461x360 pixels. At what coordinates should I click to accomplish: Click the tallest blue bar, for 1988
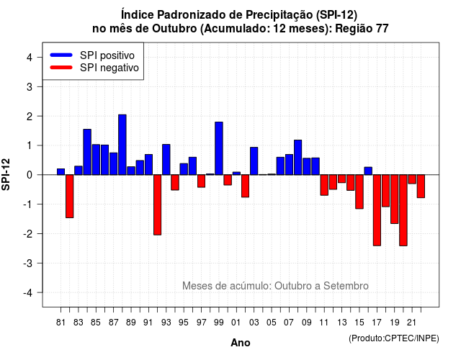click(122, 145)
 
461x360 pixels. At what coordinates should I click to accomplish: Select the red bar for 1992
click(157, 204)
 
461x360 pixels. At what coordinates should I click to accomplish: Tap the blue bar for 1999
click(219, 148)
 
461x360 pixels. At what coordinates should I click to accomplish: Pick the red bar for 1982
click(70, 197)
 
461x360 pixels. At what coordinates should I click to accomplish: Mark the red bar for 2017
click(377, 210)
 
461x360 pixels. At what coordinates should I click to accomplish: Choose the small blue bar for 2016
click(368, 171)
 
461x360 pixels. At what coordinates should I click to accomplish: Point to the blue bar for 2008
click(297, 158)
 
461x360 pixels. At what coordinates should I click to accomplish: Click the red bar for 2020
click(403, 210)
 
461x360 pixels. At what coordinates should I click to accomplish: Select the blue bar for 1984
click(87, 152)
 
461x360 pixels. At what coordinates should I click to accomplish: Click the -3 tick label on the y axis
click(27, 263)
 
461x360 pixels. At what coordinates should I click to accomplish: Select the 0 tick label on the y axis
click(30, 175)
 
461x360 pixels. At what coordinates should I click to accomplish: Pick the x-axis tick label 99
click(219, 323)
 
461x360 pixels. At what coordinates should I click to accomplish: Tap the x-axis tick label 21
click(411, 323)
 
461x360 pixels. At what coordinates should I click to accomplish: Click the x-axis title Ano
click(241, 343)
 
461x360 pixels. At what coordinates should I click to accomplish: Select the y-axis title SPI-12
click(6, 174)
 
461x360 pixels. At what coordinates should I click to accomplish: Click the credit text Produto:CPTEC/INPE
click(394, 338)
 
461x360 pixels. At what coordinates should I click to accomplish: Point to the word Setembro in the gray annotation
click(346, 286)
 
